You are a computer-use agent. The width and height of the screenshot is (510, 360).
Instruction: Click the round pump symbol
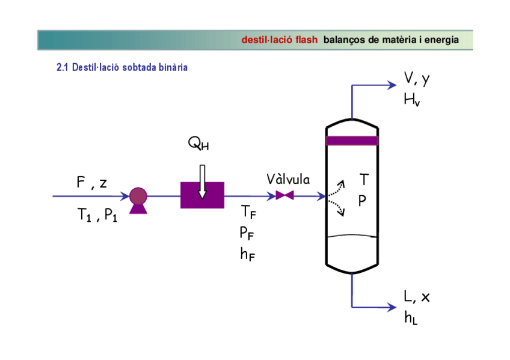point(138,197)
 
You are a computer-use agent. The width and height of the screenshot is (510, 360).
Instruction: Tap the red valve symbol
point(284,195)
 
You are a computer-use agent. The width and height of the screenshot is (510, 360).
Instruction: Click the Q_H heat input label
point(198,144)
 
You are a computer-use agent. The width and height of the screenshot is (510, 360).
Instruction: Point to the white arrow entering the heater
point(202,180)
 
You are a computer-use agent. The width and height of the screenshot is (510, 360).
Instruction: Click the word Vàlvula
point(288,180)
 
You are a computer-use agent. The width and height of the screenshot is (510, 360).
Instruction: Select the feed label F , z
point(91,183)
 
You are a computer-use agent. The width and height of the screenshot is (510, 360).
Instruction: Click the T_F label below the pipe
point(248,212)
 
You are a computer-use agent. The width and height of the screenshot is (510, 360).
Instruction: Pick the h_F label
point(247,254)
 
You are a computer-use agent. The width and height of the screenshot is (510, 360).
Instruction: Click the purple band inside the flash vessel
point(351,141)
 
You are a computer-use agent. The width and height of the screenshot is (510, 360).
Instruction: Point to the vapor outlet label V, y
point(417,79)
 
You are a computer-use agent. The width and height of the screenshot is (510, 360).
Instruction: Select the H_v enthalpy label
point(412,99)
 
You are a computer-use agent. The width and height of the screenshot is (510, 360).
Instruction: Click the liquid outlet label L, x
point(417,296)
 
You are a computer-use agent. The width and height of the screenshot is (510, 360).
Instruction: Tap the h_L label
point(411,317)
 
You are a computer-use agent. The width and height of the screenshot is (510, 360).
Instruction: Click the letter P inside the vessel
point(363,201)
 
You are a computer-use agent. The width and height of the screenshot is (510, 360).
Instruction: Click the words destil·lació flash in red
point(279,40)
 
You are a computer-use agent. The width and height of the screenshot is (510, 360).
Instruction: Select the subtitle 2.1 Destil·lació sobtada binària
point(122,67)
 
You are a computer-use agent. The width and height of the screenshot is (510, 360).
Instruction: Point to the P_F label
point(247,233)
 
